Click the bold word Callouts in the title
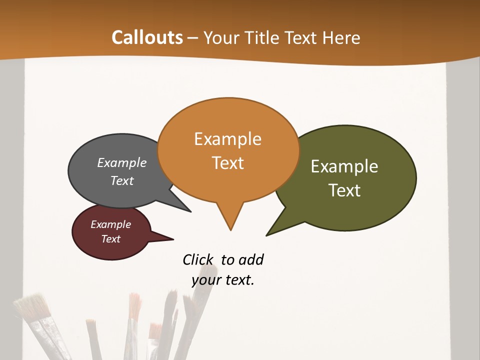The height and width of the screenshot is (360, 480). tap(147, 37)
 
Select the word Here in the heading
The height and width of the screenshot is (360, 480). tap(341, 37)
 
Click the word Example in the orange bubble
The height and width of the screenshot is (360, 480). tap(227, 139)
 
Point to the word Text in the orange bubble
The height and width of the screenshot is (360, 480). tap(227, 163)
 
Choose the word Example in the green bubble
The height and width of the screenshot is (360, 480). tap(344, 166)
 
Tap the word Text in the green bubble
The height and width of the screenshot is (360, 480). tap(344, 190)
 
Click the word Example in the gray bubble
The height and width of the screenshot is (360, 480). tap(122, 162)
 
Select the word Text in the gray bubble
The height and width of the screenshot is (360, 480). tap(122, 180)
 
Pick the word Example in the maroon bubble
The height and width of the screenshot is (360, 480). tap(111, 224)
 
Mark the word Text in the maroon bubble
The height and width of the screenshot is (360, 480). tap(111, 239)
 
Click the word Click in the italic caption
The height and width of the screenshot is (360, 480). tap(198, 259)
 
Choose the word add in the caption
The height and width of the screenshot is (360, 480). tap(251, 259)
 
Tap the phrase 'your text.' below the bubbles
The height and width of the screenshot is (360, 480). tap(223, 280)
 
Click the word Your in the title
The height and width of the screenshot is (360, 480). tap(220, 37)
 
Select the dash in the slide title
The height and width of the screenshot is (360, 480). tap(193, 37)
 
